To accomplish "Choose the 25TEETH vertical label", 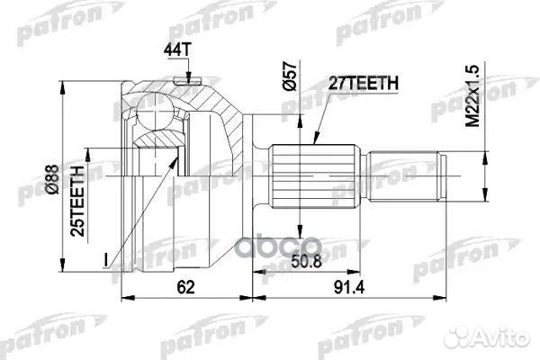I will coord(79,197).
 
